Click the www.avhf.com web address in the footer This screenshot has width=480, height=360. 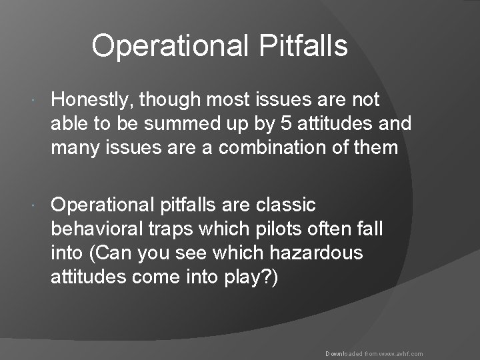[x=399, y=354]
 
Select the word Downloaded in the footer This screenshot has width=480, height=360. [x=343, y=354]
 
